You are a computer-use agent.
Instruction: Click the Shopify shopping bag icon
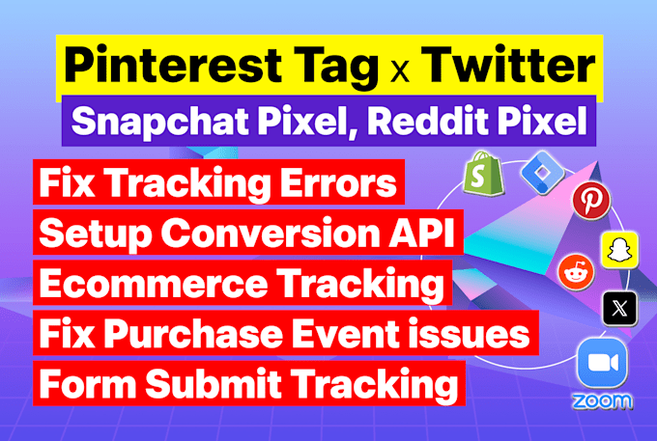click(x=483, y=174)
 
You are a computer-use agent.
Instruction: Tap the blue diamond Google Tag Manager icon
click(x=543, y=172)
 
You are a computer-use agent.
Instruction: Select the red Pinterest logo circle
click(x=591, y=202)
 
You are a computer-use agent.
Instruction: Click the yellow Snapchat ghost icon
click(x=619, y=250)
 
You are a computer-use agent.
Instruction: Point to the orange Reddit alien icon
click(x=576, y=272)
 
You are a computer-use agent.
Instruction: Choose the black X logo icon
click(x=619, y=309)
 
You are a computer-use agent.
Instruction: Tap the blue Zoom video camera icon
click(x=603, y=363)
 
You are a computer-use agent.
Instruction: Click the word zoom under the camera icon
click(x=602, y=401)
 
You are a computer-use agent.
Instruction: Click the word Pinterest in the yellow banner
click(x=173, y=66)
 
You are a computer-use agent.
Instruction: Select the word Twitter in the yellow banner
click(x=508, y=66)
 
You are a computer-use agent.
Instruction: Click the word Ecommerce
click(x=154, y=284)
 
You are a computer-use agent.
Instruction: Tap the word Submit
click(x=214, y=384)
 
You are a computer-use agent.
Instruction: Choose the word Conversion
click(x=270, y=234)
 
